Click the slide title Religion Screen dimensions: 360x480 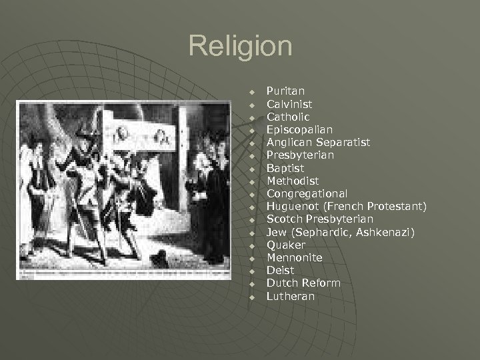point(240,47)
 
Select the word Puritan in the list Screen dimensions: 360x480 point(285,91)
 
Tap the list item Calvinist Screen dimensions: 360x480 point(289,104)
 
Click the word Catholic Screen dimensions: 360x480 point(288,117)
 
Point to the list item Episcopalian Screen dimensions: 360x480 point(299,129)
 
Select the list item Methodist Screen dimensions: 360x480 point(293,181)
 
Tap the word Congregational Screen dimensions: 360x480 point(307,193)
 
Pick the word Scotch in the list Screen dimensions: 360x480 point(285,219)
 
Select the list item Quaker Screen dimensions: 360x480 point(285,245)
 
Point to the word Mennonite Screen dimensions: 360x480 point(294,257)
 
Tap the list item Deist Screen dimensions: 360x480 point(280,270)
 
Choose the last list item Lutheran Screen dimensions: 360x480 point(290,296)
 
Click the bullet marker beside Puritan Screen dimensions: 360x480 point(253,91)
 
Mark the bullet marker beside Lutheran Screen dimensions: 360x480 point(253,297)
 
